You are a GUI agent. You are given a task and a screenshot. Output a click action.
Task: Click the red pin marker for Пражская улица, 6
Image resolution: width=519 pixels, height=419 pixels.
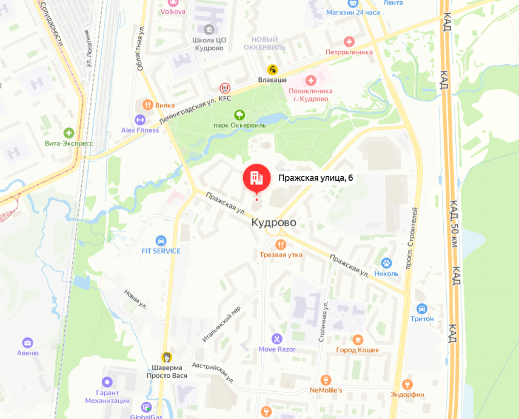[256, 177]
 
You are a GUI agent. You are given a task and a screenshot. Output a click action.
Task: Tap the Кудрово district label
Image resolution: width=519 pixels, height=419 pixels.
[274, 223]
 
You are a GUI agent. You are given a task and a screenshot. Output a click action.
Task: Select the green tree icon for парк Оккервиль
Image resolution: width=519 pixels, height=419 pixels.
[240, 115]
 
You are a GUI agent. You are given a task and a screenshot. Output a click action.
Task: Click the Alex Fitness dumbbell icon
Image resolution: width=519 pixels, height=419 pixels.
[140, 119]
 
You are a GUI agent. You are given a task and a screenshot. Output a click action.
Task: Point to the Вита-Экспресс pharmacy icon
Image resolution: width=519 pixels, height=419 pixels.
[69, 133]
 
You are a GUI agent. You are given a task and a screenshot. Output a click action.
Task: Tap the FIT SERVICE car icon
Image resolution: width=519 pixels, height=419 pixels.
[161, 240]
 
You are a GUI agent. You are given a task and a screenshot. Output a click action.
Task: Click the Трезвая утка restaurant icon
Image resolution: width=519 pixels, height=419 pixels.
[280, 244]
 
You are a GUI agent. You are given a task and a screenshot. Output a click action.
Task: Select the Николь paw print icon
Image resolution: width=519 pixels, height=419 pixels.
[386, 263]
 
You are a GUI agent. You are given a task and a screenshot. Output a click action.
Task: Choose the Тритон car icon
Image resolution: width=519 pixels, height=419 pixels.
[422, 308]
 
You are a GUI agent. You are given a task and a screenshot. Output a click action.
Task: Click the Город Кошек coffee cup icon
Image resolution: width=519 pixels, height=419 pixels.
[358, 340]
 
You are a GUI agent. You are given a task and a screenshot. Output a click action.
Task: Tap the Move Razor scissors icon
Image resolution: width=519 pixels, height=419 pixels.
[276, 339]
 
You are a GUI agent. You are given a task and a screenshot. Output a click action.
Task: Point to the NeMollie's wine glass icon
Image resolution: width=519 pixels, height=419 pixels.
[326, 380]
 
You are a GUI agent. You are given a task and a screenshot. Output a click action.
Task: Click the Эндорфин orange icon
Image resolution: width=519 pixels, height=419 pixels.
[407, 384]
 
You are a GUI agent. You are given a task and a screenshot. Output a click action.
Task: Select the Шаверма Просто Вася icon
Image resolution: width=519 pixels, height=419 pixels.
[166, 357]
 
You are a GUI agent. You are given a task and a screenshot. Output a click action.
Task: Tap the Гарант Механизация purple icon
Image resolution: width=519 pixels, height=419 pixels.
[107, 381]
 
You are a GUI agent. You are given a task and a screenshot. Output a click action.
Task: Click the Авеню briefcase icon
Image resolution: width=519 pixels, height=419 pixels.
[28, 343]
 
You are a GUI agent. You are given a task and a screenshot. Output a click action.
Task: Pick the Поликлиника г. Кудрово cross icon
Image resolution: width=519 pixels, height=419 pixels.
[311, 80]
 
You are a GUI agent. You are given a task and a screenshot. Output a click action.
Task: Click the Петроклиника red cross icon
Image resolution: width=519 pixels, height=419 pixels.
[349, 41]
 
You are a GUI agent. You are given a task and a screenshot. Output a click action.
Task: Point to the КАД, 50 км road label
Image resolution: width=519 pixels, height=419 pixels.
[453, 236]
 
